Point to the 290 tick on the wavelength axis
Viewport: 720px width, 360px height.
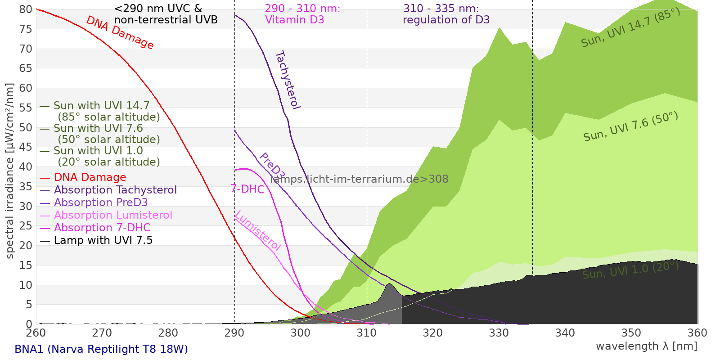[x=234, y=333]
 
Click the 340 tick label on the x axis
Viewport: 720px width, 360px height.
[x=565, y=333]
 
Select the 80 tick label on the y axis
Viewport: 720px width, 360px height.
[x=26, y=9]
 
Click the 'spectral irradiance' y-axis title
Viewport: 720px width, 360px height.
[x=10, y=171]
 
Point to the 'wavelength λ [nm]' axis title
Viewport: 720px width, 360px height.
[x=646, y=346]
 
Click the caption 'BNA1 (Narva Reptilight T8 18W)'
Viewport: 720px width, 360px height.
[x=101, y=349]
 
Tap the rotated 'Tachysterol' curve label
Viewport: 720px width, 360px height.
[x=287, y=80]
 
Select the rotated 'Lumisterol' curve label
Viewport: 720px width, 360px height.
[x=258, y=230]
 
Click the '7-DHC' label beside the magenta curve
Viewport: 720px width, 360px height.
[x=247, y=189]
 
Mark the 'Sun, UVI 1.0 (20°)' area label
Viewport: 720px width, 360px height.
[x=630, y=270]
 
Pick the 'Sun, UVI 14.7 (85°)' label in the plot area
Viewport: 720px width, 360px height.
[x=630, y=28]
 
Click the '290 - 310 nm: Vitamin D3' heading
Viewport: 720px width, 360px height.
[x=302, y=14]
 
